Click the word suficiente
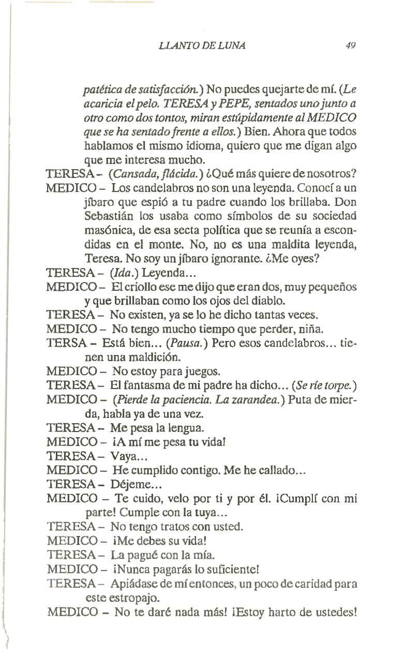pyautogui.click(x=228, y=570)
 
